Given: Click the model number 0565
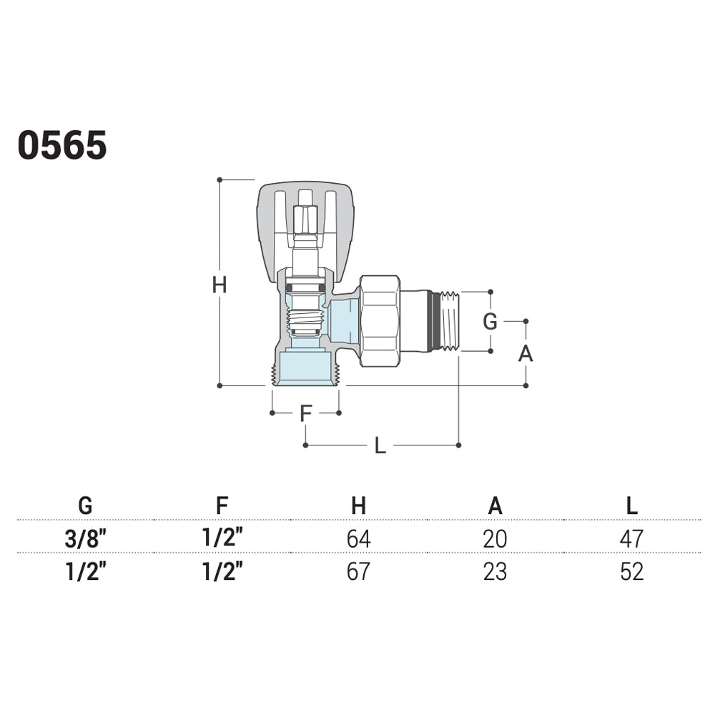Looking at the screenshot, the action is pos(62,145).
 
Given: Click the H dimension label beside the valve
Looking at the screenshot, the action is pos(220,285).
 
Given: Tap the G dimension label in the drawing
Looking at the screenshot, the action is pos(490,322).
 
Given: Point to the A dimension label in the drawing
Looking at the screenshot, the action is pos(526,353).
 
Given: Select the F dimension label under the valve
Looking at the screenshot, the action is pos(305,413).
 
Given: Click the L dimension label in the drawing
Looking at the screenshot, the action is pos(380,445).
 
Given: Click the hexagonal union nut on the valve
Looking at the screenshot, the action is pos(380,321).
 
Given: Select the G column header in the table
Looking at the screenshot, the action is pos(85,506).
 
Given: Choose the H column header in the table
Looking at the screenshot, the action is pos(358,506).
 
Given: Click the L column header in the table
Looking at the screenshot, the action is pos(631,506).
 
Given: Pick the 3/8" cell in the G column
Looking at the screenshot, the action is pos(86,538).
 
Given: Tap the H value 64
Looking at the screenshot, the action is pos(358,538).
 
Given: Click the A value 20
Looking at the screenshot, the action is pos(495,538).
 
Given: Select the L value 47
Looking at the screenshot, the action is pos(631,538).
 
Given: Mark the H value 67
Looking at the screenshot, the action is pos(358,571).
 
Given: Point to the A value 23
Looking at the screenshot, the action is pos(495,571).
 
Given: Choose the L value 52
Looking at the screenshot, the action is pos(631,571).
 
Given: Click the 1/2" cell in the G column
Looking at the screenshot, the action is pos(86,571).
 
